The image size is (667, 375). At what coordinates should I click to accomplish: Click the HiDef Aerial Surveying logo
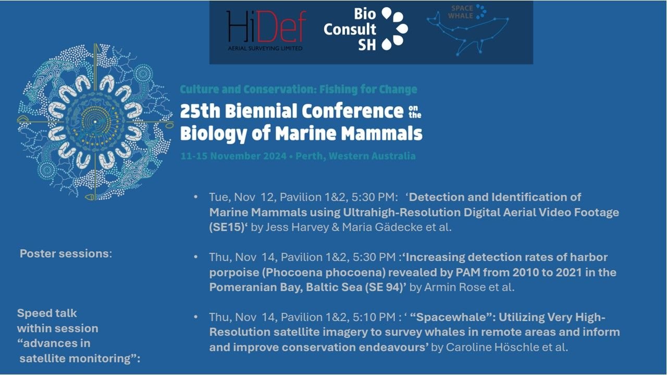pyautogui.click(x=266, y=31)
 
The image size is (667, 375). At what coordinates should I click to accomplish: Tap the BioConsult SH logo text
pyautogui.click(x=350, y=30)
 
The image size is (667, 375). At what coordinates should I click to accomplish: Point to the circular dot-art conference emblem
pyautogui.click(x=95, y=122)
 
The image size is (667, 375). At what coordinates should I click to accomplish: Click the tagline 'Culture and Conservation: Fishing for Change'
pyautogui.click(x=299, y=89)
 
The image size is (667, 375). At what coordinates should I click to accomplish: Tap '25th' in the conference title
pyautogui.click(x=200, y=111)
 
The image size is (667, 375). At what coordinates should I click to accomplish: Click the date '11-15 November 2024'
pyautogui.click(x=233, y=156)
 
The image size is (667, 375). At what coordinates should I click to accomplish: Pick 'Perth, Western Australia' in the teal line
pyautogui.click(x=355, y=156)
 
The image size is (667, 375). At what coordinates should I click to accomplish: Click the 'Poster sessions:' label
pyautogui.click(x=66, y=254)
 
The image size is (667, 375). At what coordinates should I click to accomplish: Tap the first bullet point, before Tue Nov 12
pyautogui.click(x=195, y=197)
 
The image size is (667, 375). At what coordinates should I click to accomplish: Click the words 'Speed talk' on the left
pyautogui.click(x=47, y=314)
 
